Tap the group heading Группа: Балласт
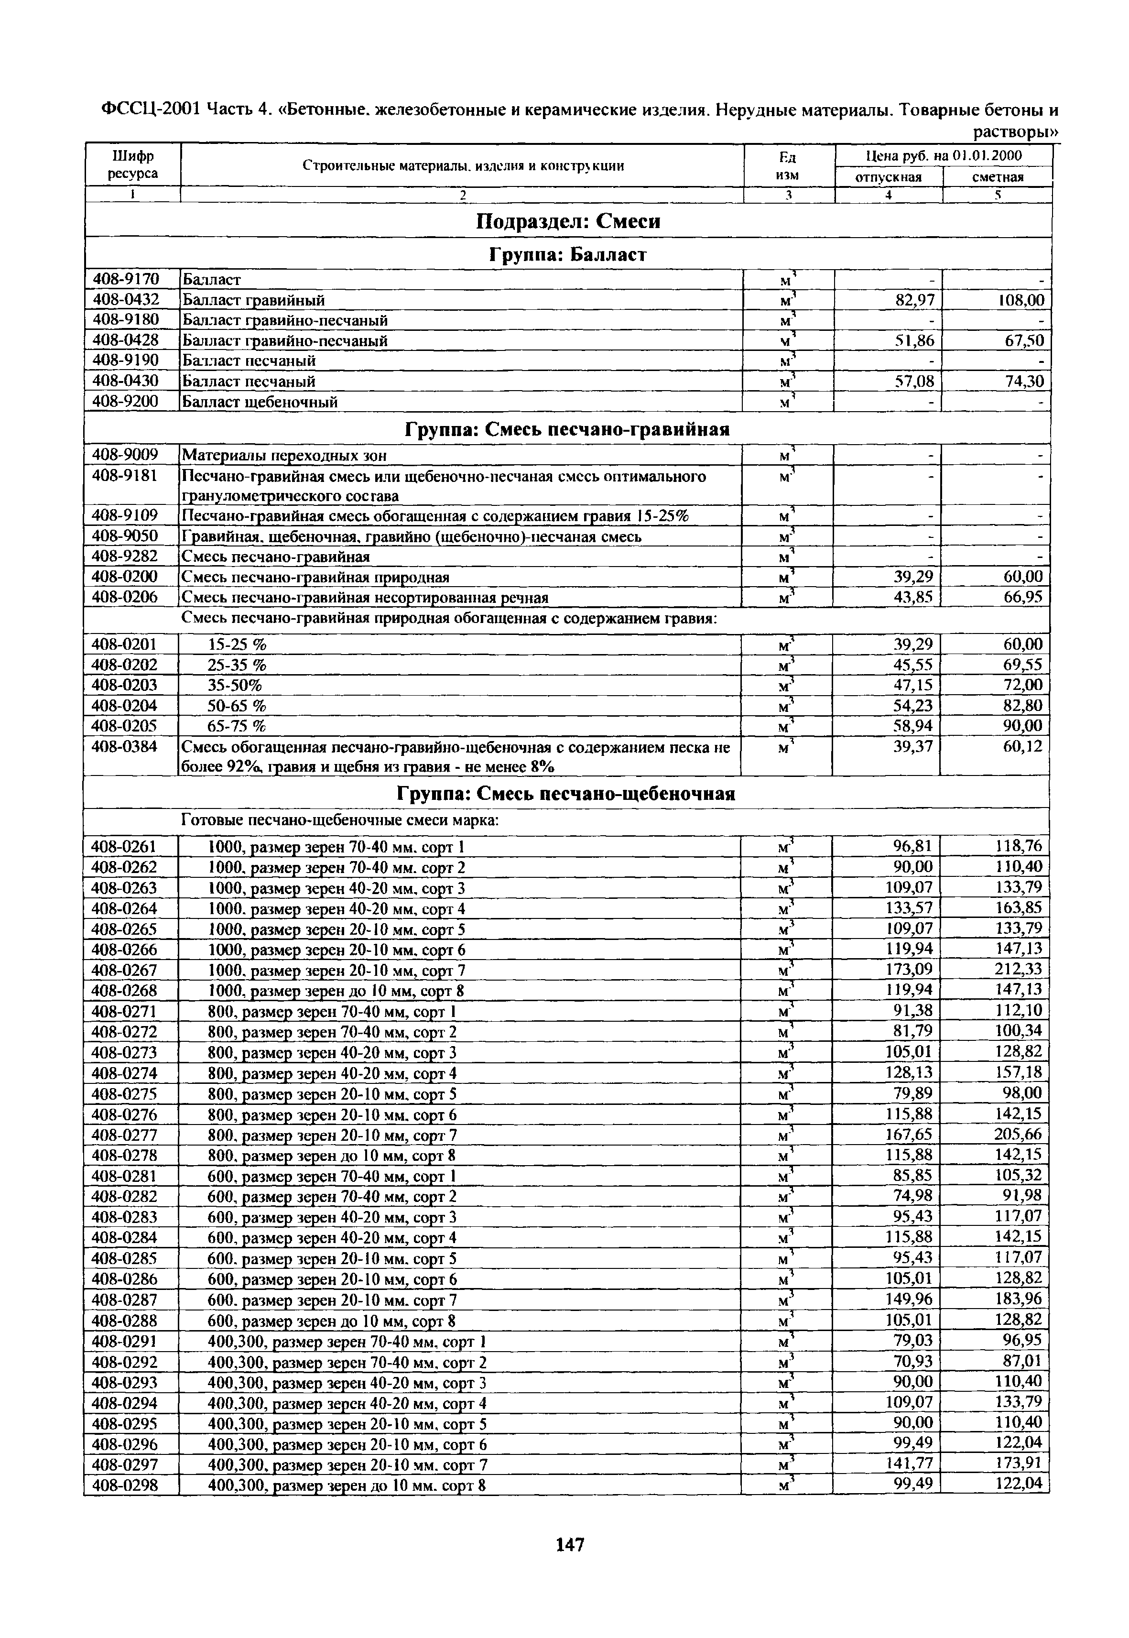[567, 255]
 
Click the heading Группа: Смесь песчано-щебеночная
[566, 794]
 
